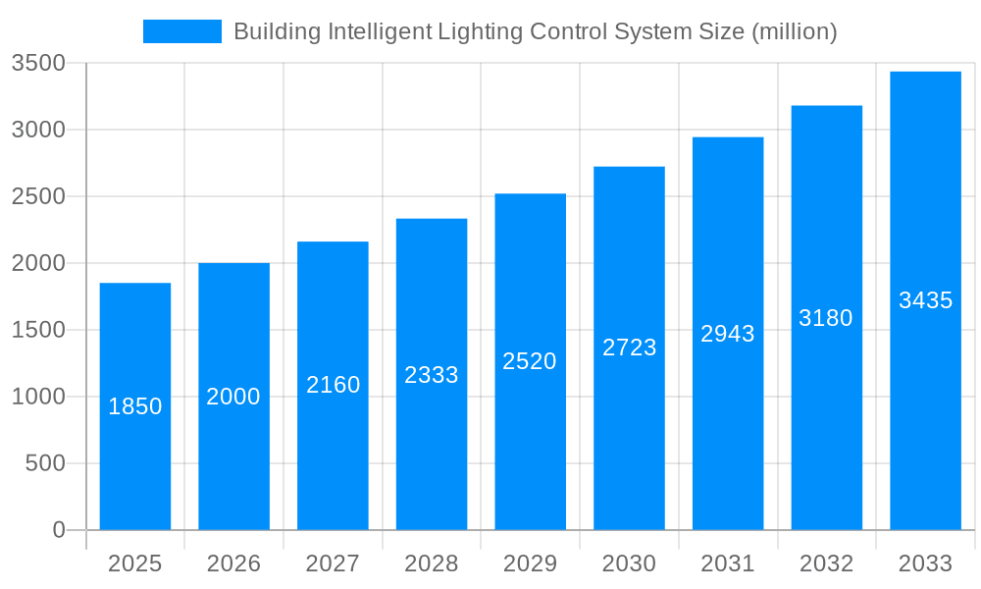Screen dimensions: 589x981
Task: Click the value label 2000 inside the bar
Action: (x=233, y=397)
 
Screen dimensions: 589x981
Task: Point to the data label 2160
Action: (x=334, y=385)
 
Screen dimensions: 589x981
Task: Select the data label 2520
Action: (x=530, y=361)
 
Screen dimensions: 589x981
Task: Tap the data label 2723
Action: (x=629, y=348)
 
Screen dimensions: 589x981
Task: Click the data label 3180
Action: (x=826, y=318)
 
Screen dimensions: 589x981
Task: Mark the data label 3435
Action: (x=925, y=300)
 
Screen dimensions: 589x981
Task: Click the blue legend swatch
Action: (x=182, y=31)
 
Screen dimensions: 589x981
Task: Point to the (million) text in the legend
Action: (x=794, y=31)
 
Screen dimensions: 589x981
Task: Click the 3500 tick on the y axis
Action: (x=38, y=64)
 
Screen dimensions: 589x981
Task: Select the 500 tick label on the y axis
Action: (x=45, y=463)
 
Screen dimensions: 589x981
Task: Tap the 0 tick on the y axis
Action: (x=58, y=530)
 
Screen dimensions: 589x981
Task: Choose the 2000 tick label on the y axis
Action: (x=38, y=263)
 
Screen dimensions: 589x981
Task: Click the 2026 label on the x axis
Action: (x=233, y=563)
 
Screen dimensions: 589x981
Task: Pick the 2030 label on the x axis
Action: (x=629, y=563)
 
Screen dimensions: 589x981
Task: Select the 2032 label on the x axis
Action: (x=826, y=563)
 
